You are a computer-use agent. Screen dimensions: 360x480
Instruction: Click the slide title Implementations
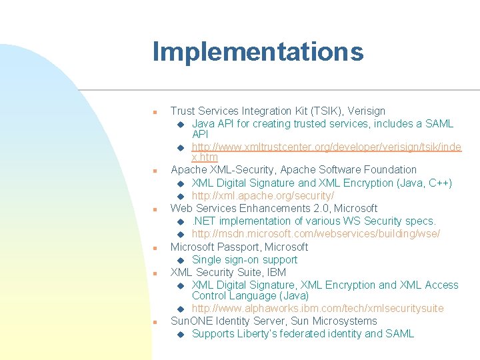coord(257,51)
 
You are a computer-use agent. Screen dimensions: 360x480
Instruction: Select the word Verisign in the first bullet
coord(365,111)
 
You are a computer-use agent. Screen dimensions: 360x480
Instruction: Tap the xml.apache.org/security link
coord(263,195)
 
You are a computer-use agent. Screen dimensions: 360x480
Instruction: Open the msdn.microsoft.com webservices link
coord(315,233)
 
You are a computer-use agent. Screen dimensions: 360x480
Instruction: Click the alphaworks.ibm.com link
coord(317,308)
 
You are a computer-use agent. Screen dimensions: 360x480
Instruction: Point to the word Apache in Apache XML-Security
coord(188,170)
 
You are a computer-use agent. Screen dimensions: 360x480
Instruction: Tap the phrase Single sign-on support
coord(244,259)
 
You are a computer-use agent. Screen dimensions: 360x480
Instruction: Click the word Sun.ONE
coord(192,321)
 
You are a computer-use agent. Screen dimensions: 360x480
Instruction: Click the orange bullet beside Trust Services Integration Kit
coord(155,112)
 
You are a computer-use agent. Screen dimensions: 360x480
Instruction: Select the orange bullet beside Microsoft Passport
coord(155,248)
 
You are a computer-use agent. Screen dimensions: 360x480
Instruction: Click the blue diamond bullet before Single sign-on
coord(181,260)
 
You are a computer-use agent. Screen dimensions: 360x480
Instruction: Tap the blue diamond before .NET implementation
coord(181,221)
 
